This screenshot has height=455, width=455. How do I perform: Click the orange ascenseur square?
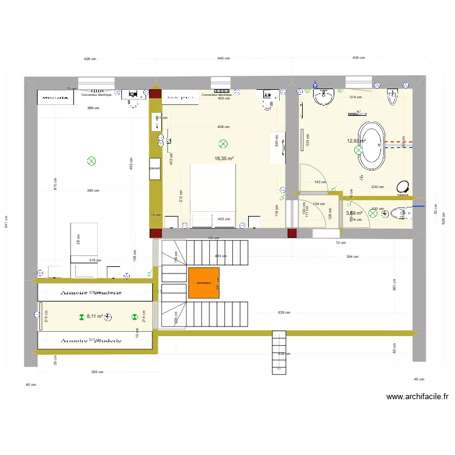(203, 283)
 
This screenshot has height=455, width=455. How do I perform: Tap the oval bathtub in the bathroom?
(372, 146)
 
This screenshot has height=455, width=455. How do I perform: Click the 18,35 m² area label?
(224, 158)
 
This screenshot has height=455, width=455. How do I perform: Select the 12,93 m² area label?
(356, 141)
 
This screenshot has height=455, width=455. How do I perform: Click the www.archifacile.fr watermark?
(417, 397)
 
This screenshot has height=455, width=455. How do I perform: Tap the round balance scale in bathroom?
(402, 187)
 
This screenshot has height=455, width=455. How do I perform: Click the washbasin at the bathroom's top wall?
(323, 96)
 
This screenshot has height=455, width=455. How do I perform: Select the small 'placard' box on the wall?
(155, 168)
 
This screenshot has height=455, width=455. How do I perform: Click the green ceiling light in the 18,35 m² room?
(223, 144)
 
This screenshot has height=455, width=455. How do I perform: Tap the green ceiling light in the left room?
(92, 161)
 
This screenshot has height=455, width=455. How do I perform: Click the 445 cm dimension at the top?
(224, 58)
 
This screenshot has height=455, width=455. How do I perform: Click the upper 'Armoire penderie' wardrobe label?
(91, 293)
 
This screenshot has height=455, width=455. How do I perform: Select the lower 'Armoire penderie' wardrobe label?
(91, 340)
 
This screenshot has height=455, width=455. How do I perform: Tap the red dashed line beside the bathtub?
(400, 142)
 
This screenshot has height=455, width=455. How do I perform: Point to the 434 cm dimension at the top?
(359, 58)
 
